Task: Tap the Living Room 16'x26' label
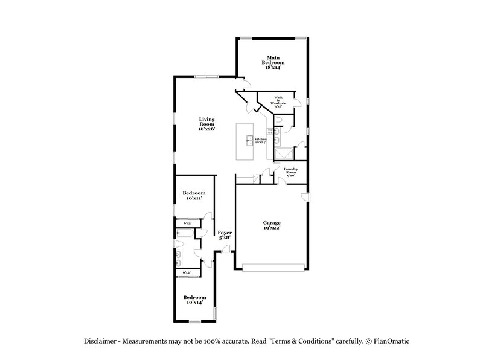point(207,124)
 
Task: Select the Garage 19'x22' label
point(271,226)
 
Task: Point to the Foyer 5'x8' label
point(224,235)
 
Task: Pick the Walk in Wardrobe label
point(278,101)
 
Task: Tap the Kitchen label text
point(260,141)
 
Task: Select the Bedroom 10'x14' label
point(194,300)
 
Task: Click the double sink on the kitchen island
point(249,141)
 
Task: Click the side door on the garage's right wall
point(306,198)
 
